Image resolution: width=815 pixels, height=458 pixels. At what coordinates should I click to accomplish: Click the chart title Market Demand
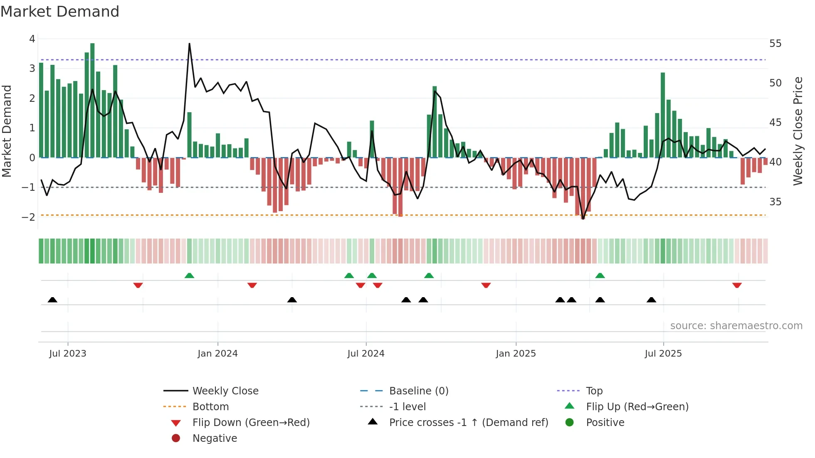click(60, 12)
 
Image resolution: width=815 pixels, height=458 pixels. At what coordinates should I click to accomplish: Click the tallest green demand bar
click(92, 100)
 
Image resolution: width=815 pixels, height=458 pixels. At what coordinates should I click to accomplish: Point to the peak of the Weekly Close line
click(189, 44)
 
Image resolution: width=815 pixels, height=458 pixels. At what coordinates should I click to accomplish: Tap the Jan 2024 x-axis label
click(217, 354)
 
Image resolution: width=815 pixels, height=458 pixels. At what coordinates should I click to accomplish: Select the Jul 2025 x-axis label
click(663, 354)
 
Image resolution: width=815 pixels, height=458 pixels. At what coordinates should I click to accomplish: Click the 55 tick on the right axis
click(775, 44)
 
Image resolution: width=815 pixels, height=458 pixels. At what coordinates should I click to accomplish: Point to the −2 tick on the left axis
click(29, 217)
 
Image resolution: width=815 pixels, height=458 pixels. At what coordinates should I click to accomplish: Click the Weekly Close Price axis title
click(798, 131)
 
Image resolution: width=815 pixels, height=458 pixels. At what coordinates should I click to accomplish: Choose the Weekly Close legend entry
click(225, 391)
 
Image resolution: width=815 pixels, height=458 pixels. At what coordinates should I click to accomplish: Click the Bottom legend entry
click(210, 407)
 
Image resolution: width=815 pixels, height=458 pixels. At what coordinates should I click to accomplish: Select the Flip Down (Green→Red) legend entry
click(251, 423)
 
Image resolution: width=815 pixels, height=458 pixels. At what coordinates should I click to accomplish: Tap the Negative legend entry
click(215, 438)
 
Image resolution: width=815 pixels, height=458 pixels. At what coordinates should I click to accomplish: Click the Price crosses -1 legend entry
click(468, 423)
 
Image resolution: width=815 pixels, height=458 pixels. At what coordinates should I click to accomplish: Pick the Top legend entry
click(594, 391)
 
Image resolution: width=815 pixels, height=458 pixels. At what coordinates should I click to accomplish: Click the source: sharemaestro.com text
click(736, 326)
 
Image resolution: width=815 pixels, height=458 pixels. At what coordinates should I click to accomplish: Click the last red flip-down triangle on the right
click(737, 286)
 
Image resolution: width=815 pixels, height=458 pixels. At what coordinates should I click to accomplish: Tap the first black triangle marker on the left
click(52, 300)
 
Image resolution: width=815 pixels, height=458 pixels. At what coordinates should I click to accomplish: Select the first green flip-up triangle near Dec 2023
click(189, 276)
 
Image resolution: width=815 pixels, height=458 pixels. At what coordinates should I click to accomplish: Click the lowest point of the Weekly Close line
click(583, 219)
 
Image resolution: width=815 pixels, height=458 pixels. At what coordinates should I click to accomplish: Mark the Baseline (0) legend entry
click(418, 391)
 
